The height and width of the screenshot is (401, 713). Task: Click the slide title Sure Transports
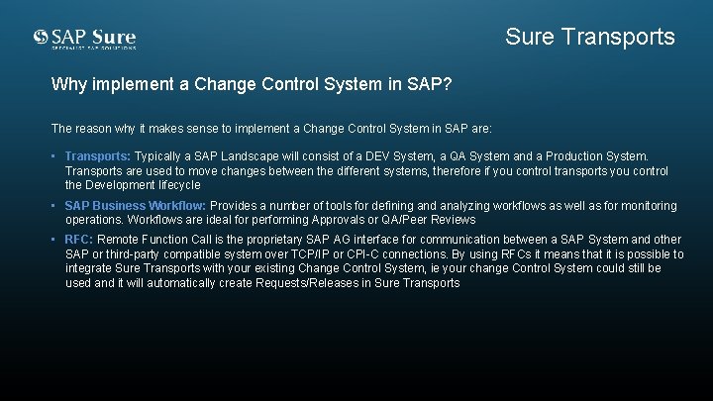(x=589, y=38)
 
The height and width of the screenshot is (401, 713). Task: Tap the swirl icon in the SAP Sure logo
(x=41, y=38)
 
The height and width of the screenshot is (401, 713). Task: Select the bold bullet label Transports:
(x=97, y=156)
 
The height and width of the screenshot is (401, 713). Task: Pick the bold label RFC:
(x=78, y=240)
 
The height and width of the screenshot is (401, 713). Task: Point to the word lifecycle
(x=175, y=185)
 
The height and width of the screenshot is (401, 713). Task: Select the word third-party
(x=122, y=254)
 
